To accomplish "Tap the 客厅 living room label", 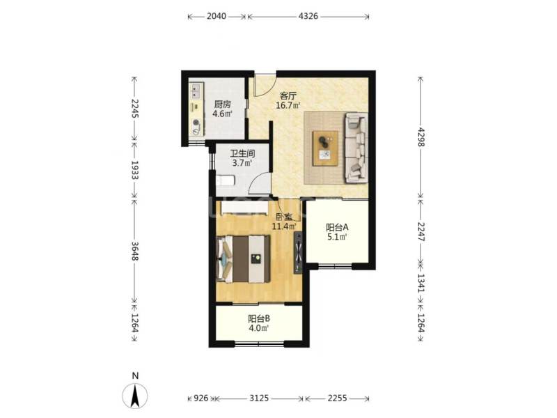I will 289,95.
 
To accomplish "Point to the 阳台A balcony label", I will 337,226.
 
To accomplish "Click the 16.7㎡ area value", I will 289,106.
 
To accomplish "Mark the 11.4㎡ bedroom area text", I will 284,226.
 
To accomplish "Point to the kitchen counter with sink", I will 196,109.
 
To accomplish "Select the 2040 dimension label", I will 217,16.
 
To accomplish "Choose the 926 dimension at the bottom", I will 200,398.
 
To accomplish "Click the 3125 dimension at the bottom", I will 260,398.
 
